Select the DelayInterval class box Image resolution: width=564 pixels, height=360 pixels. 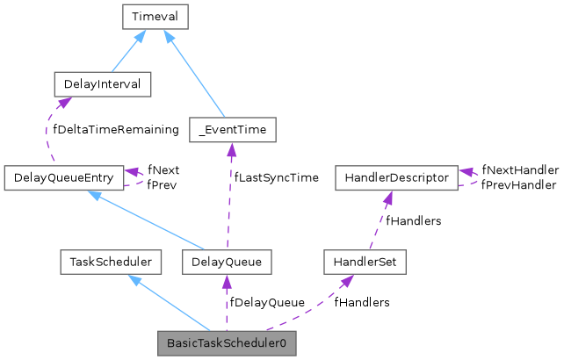pyautogui.click(x=102, y=84)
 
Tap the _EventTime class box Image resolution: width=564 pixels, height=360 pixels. pyautogui.click(x=232, y=131)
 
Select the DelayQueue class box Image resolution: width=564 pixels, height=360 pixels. pyautogui.click(x=227, y=262)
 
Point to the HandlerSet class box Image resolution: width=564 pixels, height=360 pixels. pyautogui.click(x=364, y=262)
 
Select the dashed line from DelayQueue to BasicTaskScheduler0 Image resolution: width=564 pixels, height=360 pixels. pyautogui.click(x=227, y=303)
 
